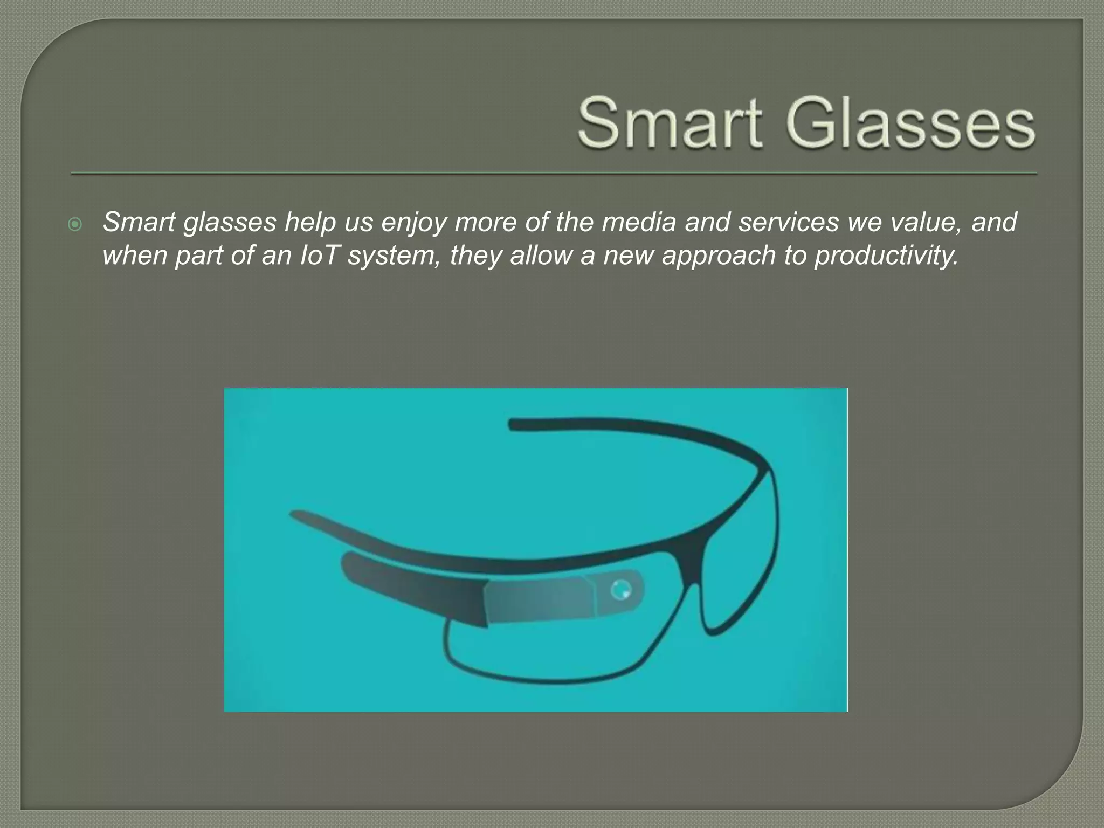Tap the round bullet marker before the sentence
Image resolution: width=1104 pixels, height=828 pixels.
(x=76, y=224)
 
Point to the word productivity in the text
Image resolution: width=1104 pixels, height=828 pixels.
(x=886, y=255)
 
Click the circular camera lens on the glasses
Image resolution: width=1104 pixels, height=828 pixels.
(x=620, y=589)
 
